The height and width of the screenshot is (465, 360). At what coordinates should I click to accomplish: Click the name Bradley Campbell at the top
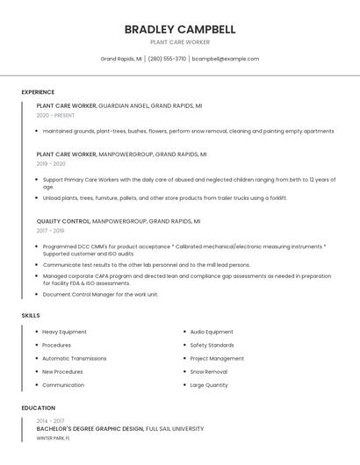click(180, 29)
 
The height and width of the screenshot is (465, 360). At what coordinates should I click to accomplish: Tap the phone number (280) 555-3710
click(167, 59)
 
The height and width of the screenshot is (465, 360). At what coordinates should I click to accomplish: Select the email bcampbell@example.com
click(226, 59)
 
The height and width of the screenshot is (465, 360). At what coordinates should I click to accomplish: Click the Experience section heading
click(38, 92)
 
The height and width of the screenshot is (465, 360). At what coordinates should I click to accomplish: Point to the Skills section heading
click(31, 315)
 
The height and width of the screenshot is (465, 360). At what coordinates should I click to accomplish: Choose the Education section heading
click(39, 408)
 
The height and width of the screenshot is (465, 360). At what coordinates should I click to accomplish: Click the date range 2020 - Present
click(55, 115)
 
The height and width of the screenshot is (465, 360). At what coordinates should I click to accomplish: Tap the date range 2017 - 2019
click(50, 231)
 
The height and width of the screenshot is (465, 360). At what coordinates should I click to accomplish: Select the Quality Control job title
click(63, 221)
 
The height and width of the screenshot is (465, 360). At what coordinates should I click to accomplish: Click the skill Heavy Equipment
click(64, 332)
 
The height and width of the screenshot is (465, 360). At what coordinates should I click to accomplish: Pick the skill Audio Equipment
click(212, 332)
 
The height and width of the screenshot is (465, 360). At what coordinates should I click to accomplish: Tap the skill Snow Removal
click(208, 371)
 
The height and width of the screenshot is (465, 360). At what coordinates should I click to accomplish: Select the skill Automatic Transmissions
click(74, 358)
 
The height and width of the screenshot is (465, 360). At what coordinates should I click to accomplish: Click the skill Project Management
click(217, 358)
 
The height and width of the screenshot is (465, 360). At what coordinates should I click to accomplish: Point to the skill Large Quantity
click(209, 384)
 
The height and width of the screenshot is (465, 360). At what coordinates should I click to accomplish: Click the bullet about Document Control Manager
click(100, 294)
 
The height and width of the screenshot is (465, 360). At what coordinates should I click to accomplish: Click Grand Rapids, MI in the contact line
click(120, 59)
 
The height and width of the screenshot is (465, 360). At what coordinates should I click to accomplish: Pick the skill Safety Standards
click(212, 345)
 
